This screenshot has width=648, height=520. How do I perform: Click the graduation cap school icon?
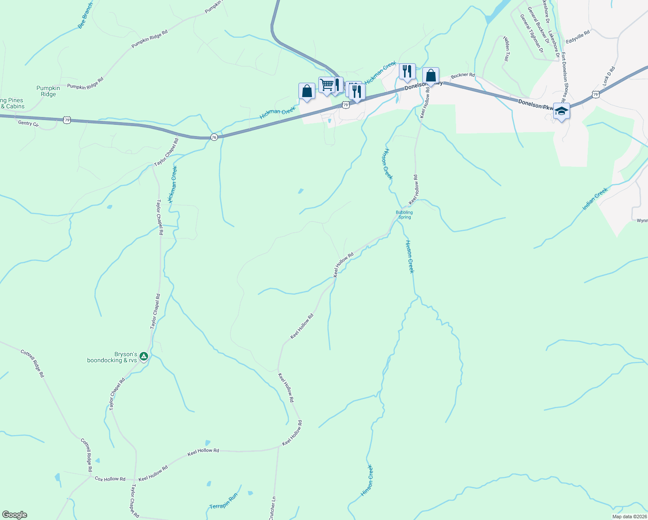pos(561,111)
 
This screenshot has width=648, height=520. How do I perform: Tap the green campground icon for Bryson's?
pos(144,357)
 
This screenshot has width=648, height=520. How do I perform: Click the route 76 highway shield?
pos(214,137)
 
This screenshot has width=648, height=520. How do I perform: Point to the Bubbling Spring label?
pos(404,214)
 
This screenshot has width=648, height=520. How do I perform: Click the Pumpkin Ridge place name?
pos(48,91)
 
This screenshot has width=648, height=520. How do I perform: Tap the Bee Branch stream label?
pos(85,16)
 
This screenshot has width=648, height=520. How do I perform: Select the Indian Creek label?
pos(595,199)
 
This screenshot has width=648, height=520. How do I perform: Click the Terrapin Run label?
pos(224,501)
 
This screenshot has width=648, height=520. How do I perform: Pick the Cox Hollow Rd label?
pos(110,479)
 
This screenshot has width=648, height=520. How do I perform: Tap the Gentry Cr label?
pos(29,123)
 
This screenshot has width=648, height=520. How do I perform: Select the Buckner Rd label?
pos(463,75)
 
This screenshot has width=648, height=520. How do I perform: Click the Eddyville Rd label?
pos(578,37)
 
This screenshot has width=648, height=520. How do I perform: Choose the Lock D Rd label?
pos(609,75)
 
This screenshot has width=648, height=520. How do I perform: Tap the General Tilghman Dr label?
pos(532,33)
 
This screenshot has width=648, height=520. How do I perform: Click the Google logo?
pos(14,515)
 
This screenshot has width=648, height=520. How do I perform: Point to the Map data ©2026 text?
pos(629,517)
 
